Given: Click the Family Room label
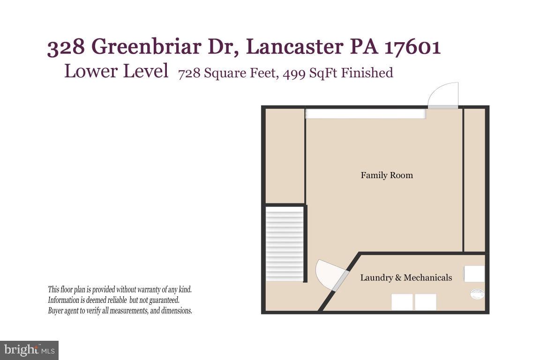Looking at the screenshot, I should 387,175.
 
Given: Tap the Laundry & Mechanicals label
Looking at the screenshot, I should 406,277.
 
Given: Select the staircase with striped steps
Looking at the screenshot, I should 285,244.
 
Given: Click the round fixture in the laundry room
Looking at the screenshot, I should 477,294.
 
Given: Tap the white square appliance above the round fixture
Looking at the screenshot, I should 474,274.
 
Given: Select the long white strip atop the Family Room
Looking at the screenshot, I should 366,114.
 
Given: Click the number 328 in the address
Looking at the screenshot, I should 65,47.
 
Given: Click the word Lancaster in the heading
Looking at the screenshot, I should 293,47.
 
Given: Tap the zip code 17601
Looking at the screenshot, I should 412,47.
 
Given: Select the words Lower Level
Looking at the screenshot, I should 116,71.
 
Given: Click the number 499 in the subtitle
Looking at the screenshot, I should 293,73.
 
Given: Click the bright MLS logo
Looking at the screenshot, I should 29,350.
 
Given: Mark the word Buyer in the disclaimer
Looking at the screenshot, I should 56,311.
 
